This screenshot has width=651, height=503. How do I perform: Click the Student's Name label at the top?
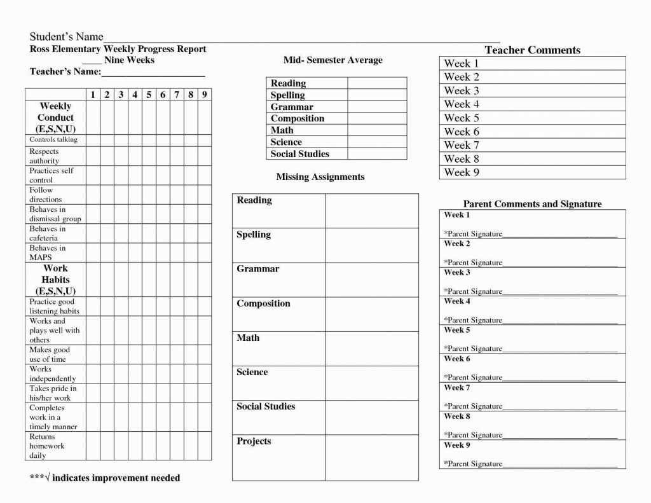[x=67, y=37]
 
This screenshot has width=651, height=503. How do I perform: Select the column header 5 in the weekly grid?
[x=149, y=95]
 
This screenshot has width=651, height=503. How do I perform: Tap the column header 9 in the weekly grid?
[x=204, y=95]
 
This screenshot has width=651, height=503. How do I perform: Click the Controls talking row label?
[x=53, y=139]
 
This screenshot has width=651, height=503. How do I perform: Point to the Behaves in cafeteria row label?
[x=48, y=233]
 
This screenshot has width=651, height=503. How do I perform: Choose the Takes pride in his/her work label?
[x=53, y=393]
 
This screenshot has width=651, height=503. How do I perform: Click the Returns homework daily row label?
[x=47, y=446]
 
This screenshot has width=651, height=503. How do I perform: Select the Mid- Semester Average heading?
[x=333, y=60]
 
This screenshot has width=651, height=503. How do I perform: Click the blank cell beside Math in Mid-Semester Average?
[x=377, y=130]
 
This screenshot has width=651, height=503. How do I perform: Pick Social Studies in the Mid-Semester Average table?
[x=300, y=154]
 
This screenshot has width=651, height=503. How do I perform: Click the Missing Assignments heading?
[x=320, y=177]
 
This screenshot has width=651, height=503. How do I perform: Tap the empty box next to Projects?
[x=372, y=458]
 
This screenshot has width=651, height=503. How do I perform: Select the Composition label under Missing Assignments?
[x=263, y=304]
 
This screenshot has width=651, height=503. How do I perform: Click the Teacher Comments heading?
[x=532, y=50]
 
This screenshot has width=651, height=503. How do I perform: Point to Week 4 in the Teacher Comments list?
[x=462, y=104]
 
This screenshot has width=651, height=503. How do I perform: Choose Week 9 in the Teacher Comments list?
[x=462, y=172]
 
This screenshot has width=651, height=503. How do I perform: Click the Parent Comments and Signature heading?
[x=532, y=204]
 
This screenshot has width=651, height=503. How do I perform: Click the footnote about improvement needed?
[x=105, y=478]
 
